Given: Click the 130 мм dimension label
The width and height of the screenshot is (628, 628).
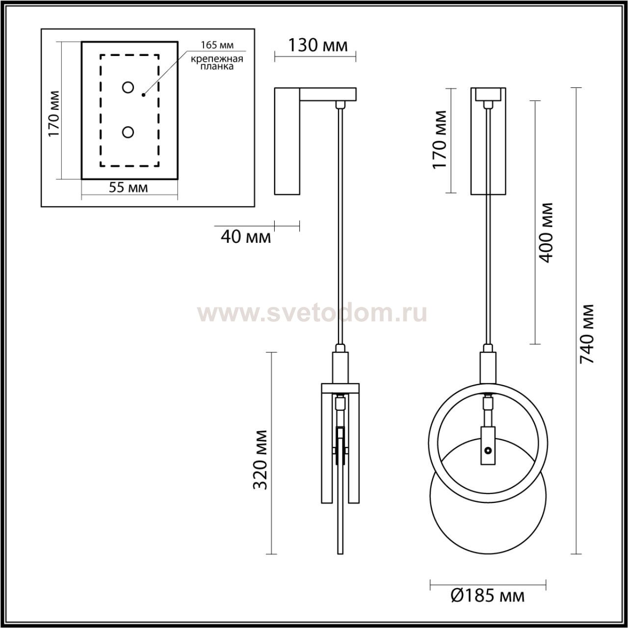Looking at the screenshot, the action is (318, 46).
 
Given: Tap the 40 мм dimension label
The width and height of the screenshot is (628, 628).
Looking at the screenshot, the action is (246, 237).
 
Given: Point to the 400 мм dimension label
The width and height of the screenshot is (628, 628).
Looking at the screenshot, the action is (546, 233).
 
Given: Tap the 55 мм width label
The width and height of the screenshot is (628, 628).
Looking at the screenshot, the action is (128, 187).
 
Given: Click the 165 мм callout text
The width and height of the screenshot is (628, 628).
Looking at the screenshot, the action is (217, 45).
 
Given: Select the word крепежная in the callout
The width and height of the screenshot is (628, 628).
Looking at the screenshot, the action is (217, 59).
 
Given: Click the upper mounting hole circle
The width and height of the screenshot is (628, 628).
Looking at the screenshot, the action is (128, 87).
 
